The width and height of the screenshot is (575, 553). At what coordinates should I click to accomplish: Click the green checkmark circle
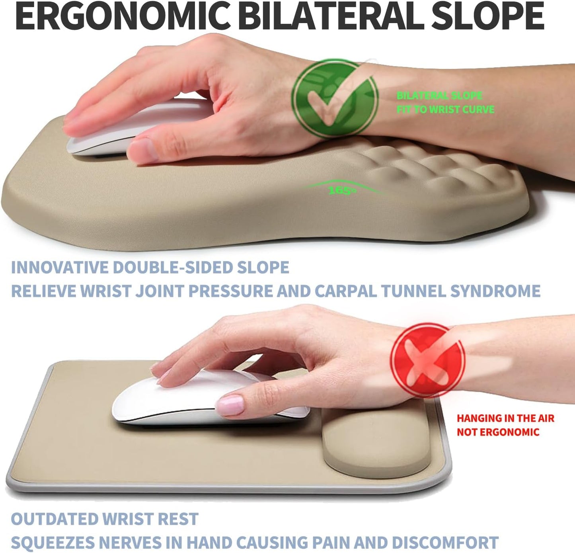tap(335, 98)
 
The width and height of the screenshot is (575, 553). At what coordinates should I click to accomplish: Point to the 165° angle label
tap(341, 190)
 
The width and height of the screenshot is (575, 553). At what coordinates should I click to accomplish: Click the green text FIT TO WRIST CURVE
tap(445, 109)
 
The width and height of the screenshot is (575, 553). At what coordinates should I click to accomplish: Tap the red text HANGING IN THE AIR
tap(505, 418)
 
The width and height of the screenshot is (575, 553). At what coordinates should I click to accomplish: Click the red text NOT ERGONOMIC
tap(498, 432)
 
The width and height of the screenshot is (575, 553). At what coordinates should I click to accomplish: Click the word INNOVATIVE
tap(60, 268)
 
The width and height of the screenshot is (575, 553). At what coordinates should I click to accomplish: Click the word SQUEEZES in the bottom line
tap(52, 543)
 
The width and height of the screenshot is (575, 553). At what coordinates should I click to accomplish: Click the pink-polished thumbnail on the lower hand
tap(230, 404)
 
